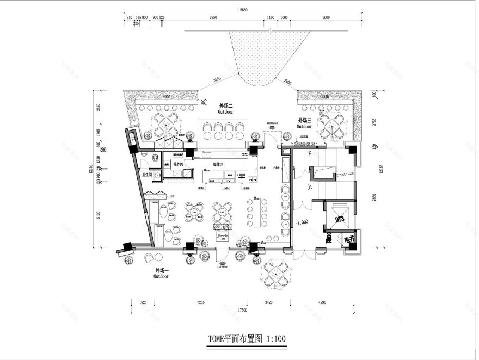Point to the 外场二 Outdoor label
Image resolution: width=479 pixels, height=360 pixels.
pyautogui.click(x=225, y=108)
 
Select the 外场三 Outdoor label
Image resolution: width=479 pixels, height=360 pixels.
pyautogui.click(x=304, y=122)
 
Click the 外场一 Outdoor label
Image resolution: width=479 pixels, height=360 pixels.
pyautogui.click(x=161, y=273)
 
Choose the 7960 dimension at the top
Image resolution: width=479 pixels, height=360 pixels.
pyautogui.click(x=213, y=17)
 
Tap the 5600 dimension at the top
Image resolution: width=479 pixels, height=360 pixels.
pyautogui.click(x=326, y=17)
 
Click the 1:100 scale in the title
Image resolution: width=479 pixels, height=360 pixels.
pyautogui.click(x=276, y=339)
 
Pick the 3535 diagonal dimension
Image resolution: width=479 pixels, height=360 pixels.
pyautogui.click(x=218, y=80)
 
